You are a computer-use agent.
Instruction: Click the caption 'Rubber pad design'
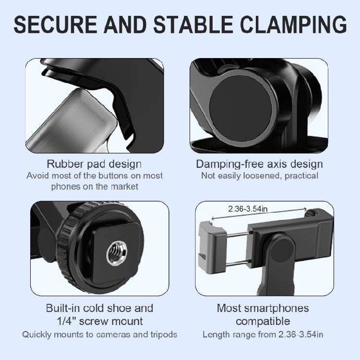coord(94,164)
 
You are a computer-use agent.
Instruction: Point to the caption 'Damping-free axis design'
coord(259,164)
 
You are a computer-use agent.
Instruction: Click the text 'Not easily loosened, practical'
coord(259,176)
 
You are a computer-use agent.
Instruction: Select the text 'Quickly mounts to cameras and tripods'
coord(100,334)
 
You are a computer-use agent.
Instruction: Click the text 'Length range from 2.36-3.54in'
coord(260,334)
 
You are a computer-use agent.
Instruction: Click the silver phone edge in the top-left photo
coord(72,120)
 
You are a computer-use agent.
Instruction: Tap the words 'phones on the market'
coord(95,186)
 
